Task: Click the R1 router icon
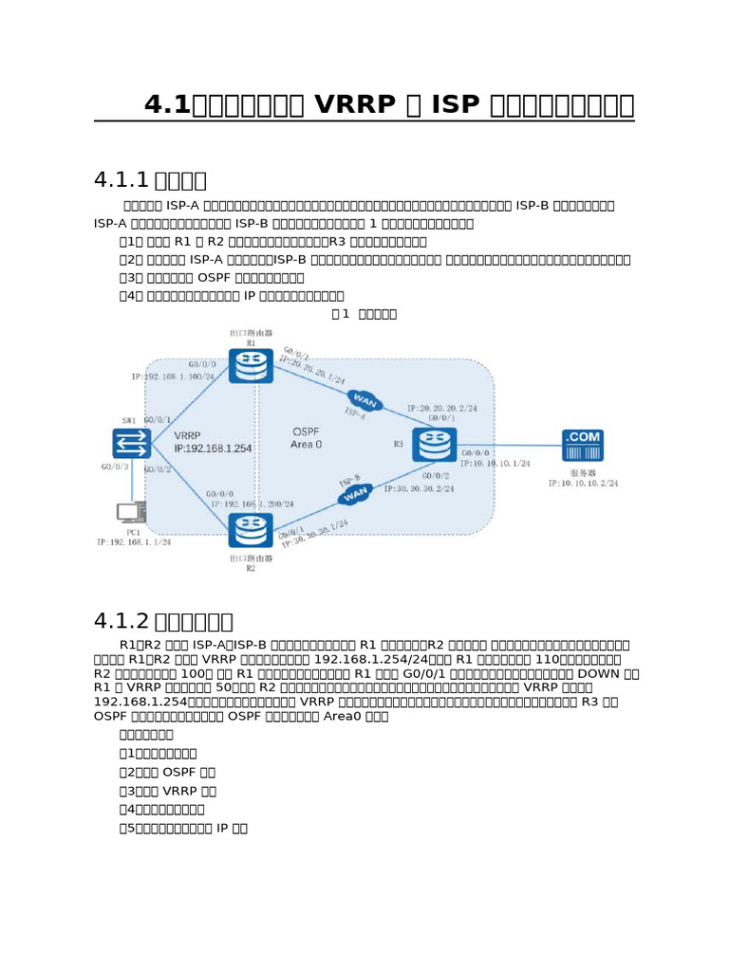(252, 360)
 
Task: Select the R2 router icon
(252, 530)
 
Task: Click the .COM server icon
(583, 445)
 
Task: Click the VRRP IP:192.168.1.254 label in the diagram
(213, 443)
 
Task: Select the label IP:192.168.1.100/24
(173, 376)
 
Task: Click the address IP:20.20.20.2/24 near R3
(442, 408)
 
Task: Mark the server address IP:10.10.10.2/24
(583, 483)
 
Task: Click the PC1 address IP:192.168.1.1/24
(134, 541)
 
